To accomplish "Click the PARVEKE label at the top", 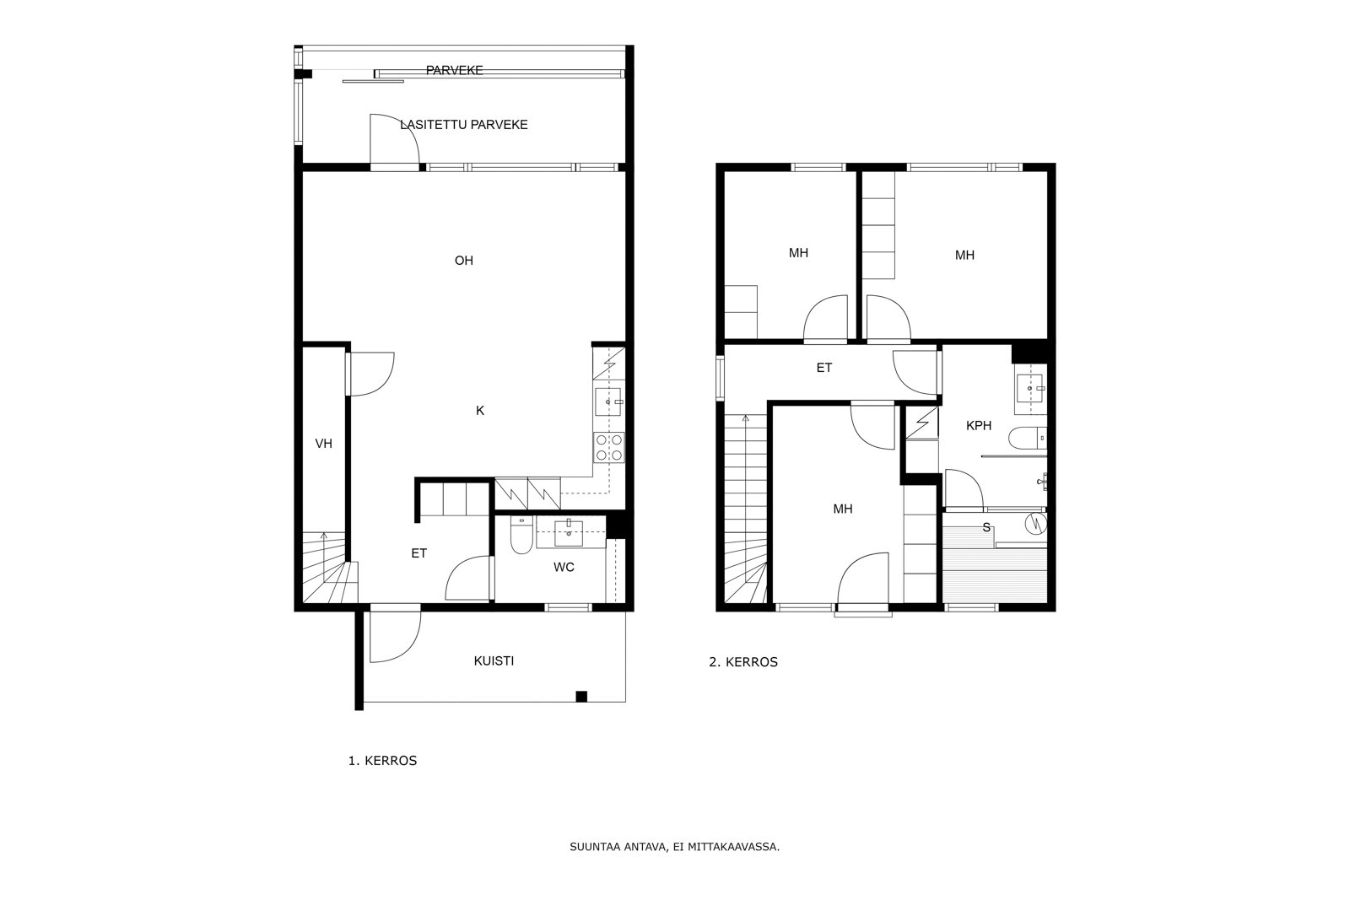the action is coord(455,71).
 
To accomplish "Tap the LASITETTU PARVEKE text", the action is coord(464,125).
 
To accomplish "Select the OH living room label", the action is coord(464,261).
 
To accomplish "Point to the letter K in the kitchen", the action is coord(480,410).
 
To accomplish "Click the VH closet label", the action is coord(324,444).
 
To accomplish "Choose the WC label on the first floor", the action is coord(564,567).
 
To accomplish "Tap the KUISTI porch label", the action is coord(494,660).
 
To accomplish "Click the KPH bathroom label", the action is coord(979,425).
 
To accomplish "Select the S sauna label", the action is coord(986,528).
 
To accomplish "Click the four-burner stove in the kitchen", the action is coord(608,448).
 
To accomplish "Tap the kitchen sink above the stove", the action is coord(608,401).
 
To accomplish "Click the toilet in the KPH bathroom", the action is coord(1028,438).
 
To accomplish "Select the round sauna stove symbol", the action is coord(1036,524).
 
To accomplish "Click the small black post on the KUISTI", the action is coord(581,697).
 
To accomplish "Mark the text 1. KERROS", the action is coord(383,761).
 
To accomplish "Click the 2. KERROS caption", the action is coord(743,662).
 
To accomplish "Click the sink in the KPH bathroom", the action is coord(1030,389).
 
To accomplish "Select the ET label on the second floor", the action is coord(823,368).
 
